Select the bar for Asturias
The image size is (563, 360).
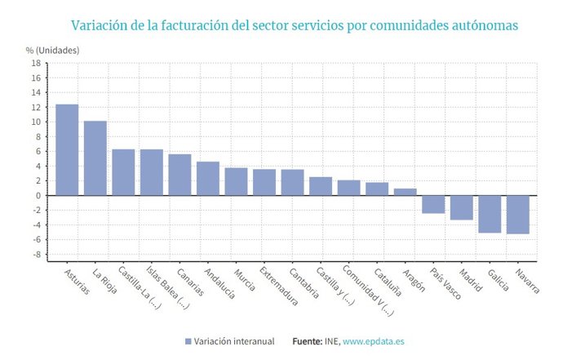point(67,150)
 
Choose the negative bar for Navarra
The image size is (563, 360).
point(517,215)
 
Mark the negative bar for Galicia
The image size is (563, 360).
point(490,214)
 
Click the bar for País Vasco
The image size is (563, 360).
point(433,204)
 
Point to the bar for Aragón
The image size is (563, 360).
point(405,192)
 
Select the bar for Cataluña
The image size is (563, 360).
point(377,189)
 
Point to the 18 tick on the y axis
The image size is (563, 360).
point(36,63)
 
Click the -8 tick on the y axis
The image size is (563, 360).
point(36,255)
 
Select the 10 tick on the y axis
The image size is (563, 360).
point(36,122)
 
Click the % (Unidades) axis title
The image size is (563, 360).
point(53,50)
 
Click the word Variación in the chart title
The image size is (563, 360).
point(101,25)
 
